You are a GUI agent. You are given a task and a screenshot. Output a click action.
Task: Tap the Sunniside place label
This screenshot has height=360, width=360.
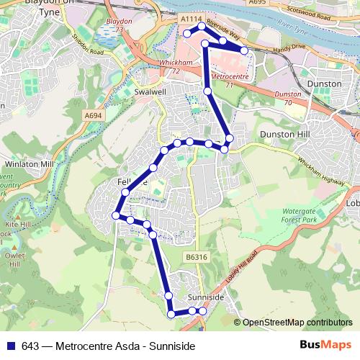tap(206, 297)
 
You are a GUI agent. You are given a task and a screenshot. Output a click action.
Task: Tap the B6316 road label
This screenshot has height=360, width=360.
tap(196, 256)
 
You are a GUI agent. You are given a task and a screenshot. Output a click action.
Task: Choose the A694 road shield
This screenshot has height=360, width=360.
tap(93, 115)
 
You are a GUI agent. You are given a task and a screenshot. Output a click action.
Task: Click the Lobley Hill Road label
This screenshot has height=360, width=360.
tap(244, 267)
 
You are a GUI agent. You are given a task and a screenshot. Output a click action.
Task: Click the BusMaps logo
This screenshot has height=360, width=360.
tap(325, 345)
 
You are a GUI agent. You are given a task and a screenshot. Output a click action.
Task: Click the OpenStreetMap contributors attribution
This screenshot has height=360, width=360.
tap(297, 322)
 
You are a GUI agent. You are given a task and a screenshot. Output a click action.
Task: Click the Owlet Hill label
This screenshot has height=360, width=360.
tap(14, 258)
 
